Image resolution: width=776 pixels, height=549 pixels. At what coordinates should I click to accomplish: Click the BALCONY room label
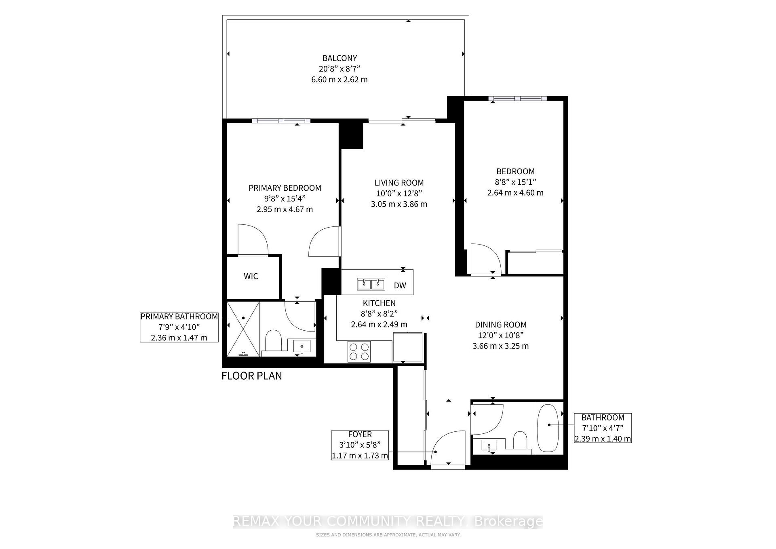339,58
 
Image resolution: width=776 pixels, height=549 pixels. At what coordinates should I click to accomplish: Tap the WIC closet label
251,276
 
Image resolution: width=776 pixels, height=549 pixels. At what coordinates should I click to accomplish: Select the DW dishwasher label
400,285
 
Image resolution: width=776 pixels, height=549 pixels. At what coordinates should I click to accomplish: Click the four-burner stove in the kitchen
359,351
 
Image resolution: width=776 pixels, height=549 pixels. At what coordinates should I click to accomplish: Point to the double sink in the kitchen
371,283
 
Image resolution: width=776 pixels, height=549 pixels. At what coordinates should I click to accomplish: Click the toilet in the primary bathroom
273,340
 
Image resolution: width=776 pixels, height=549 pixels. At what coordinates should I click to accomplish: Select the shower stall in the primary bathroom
243,329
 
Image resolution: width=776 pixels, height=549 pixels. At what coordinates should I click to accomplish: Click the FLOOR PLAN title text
252,376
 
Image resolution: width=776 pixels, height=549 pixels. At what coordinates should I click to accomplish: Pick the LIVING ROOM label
399,183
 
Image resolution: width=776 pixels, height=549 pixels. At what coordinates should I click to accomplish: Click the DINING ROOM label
500,325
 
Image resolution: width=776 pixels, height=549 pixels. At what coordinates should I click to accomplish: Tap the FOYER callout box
360,445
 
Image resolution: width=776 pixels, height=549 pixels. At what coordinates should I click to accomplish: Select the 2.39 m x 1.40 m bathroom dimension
603,439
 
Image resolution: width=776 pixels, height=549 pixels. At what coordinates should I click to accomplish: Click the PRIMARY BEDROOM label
285,188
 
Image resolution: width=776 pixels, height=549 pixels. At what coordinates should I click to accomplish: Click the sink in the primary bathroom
302,347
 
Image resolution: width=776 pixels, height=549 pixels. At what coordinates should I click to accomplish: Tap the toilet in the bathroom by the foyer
520,440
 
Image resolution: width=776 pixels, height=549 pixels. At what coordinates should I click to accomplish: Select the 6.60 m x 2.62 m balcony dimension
339,79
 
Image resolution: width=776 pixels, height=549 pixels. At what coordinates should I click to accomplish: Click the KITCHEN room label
379,303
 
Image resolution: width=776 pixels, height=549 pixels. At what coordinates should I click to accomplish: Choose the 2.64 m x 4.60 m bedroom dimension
515,193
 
